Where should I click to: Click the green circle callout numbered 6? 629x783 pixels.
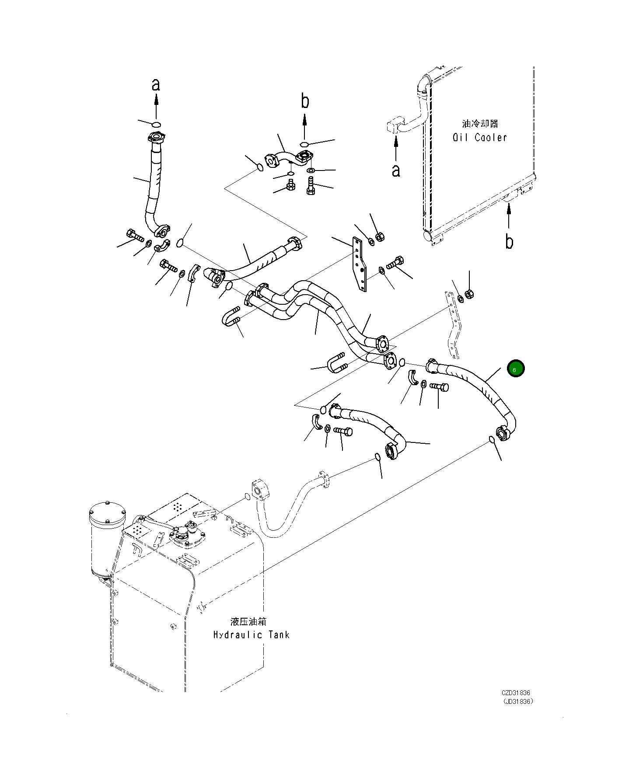(516, 369)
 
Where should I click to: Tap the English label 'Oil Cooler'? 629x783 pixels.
(480, 137)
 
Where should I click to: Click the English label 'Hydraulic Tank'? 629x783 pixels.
(251, 634)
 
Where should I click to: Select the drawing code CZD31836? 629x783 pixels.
(516, 705)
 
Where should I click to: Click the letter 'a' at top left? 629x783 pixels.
(156, 85)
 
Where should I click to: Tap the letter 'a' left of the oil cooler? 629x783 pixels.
(395, 171)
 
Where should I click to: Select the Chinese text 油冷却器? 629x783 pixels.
(480, 124)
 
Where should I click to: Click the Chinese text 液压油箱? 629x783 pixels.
(248, 621)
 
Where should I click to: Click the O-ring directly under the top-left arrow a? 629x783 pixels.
(156, 124)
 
